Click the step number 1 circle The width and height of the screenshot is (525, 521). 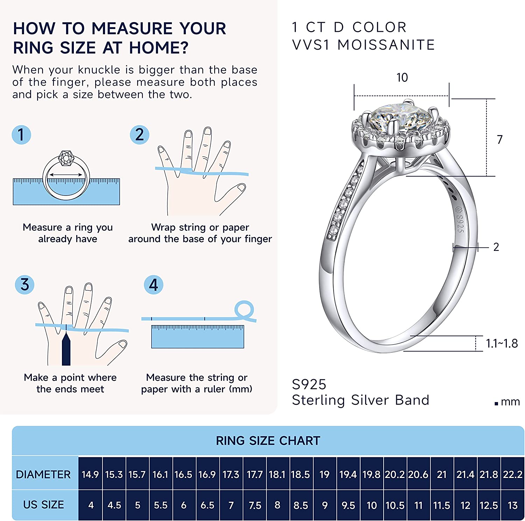pyautogui.click(x=21, y=135)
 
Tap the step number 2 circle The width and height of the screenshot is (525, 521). pyautogui.click(x=140, y=135)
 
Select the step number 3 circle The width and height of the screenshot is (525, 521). pyautogui.click(x=24, y=284)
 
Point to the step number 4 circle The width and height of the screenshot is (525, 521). pyautogui.click(x=154, y=285)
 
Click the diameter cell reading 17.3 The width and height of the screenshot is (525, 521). pyautogui.click(x=231, y=474)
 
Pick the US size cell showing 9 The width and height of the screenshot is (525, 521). pyautogui.click(x=325, y=505)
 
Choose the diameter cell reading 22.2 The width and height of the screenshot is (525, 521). pyautogui.click(x=513, y=474)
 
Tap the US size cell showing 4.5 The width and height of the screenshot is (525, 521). pyautogui.click(x=114, y=505)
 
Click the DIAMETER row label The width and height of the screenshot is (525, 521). pyautogui.click(x=43, y=474)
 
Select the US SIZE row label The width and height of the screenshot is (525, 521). pyautogui.click(x=43, y=505)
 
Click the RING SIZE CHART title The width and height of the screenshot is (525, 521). pyautogui.click(x=268, y=441)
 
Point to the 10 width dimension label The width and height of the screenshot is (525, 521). pyautogui.click(x=402, y=77)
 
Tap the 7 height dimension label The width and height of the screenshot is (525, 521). pyautogui.click(x=500, y=140)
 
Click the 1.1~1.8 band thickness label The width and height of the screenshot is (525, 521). pyautogui.click(x=502, y=344)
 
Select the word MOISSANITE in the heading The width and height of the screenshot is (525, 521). pyautogui.click(x=386, y=45)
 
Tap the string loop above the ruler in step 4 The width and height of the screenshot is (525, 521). pyautogui.click(x=244, y=309)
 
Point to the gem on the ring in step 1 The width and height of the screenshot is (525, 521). pyautogui.click(x=66, y=158)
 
